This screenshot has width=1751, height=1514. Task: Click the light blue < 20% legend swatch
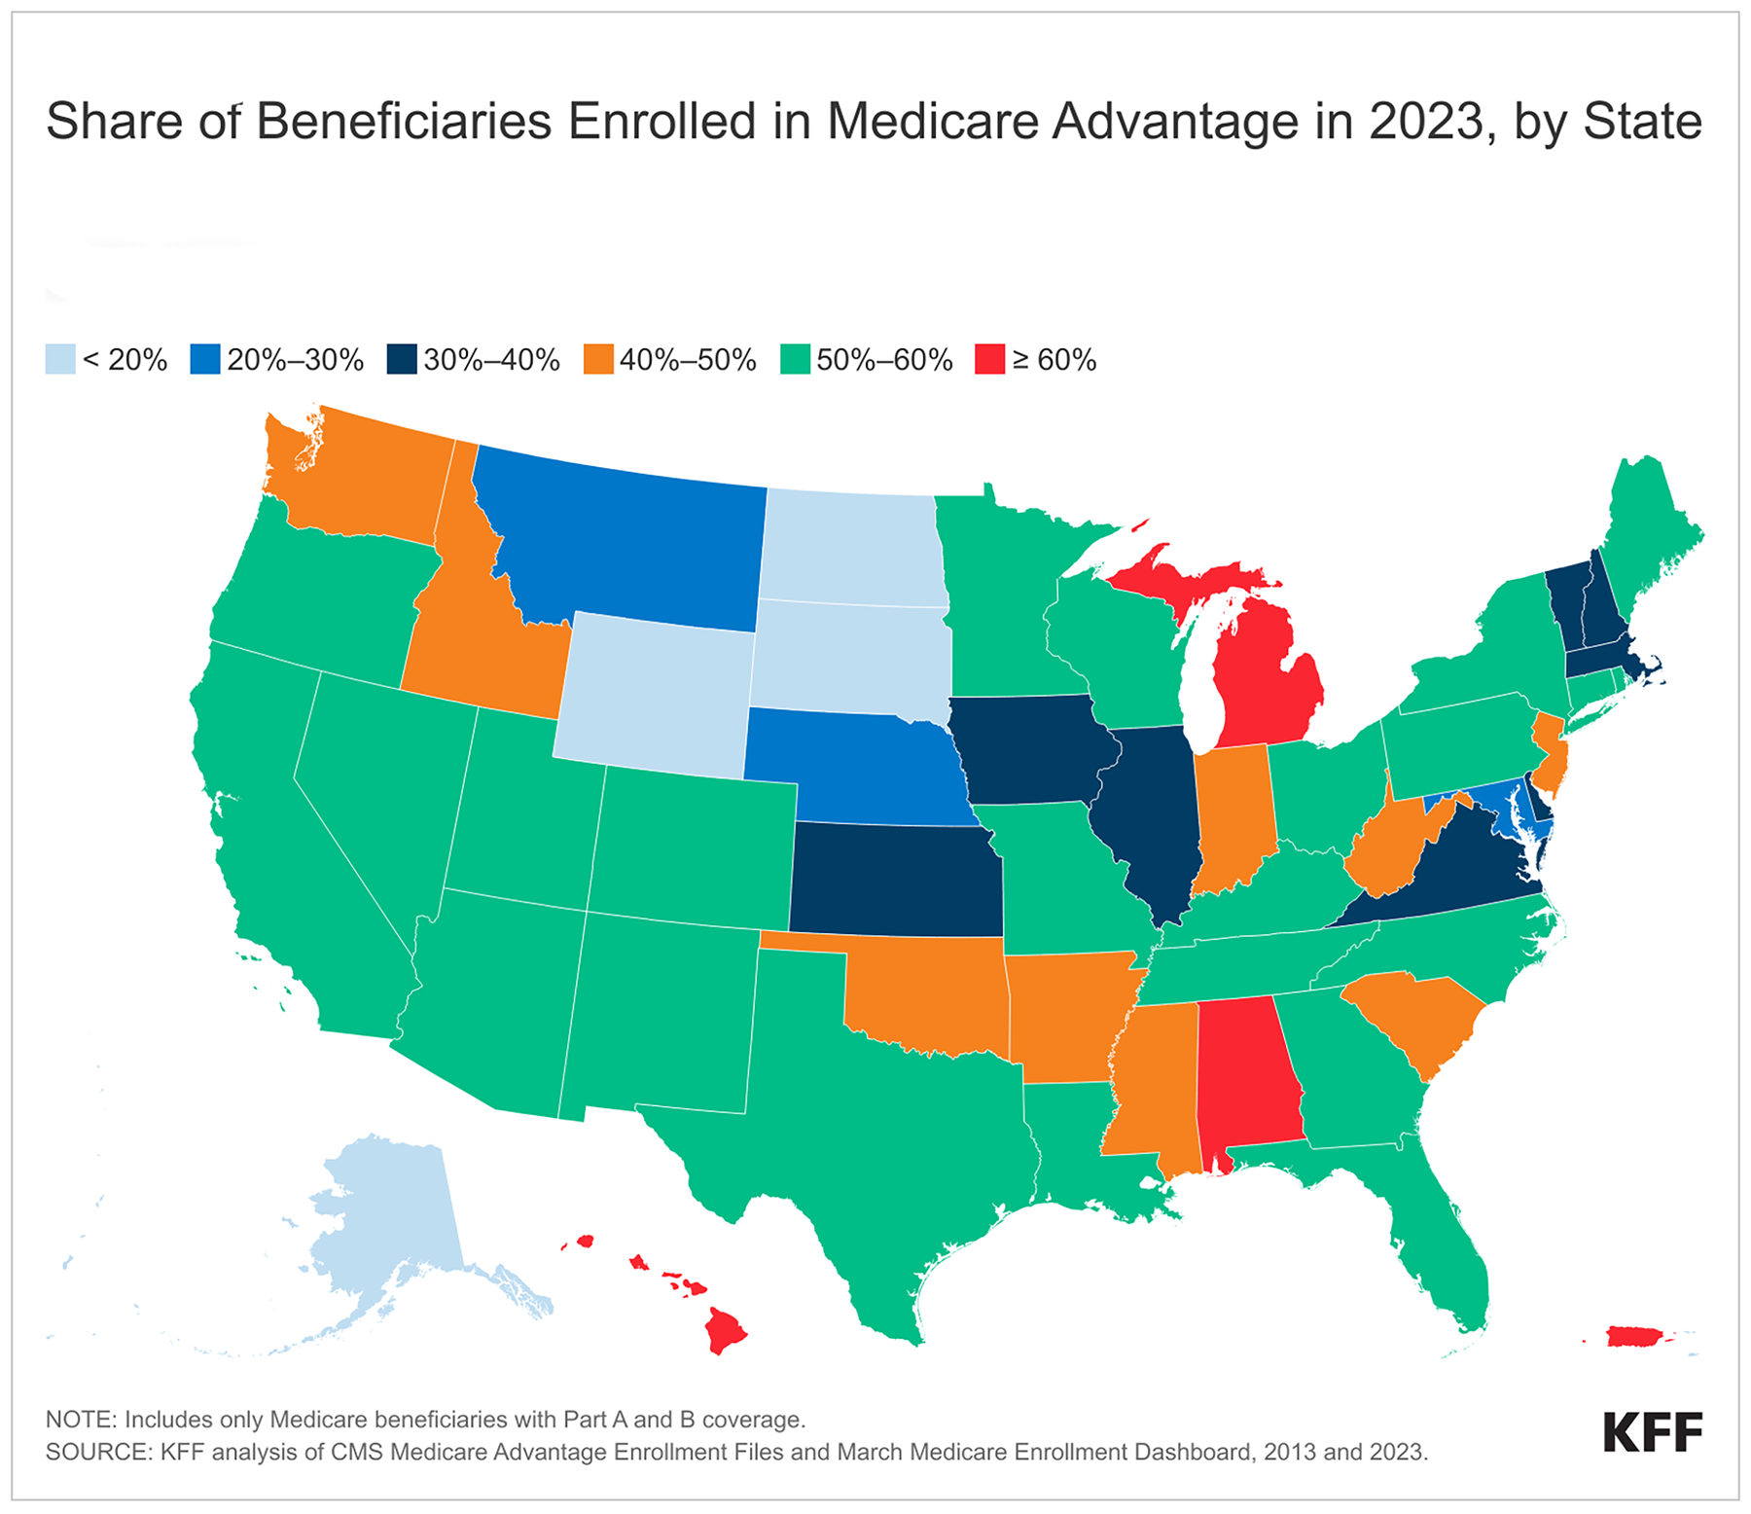pos(60,359)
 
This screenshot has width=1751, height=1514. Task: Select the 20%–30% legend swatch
pos(205,359)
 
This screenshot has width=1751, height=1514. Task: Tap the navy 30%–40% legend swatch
pos(402,359)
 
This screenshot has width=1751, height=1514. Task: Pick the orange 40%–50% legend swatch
pos(598,359)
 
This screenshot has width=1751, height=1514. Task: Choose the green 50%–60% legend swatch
pos(796,359)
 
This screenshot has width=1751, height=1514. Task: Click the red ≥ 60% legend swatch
pos(990,359)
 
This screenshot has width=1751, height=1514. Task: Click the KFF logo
pos(1653,1432)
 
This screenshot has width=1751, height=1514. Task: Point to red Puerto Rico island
pos(1641,1336)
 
